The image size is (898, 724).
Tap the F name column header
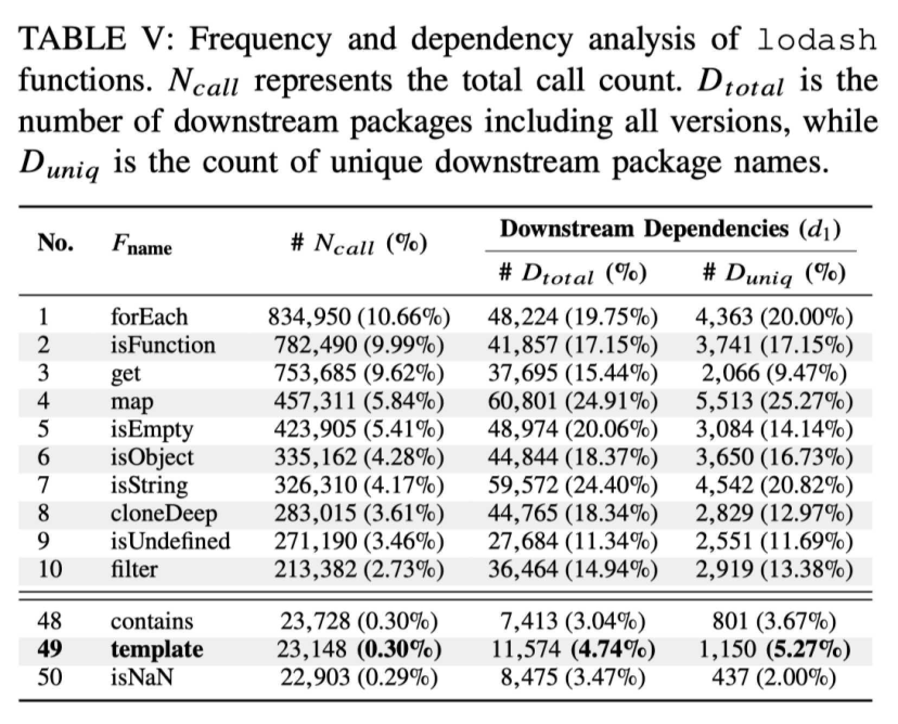[x=142, y=245]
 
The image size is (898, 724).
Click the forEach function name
[x=149, y=317]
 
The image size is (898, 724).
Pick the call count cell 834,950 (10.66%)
[x=358, y=317]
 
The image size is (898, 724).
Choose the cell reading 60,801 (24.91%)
[x=572, y=401]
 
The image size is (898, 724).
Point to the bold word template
[x=157, y=649]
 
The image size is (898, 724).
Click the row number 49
[x=49, y=649]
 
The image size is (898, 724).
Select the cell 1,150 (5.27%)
[x=774, y=649]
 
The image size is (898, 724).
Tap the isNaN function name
[x=142, y=677]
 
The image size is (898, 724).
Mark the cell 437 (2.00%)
[x=774, y=677]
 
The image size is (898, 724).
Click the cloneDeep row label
[x=164, y=513]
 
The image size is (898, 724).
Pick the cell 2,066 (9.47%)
[x=774, y=373]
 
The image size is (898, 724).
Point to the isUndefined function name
[x=170, y=541]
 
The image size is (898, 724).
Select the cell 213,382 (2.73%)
[x=358, y=570]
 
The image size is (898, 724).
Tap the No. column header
[x=55, y=244]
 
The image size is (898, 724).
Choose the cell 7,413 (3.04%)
[x=572, y=621]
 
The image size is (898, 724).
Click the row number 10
[x=50, y=570]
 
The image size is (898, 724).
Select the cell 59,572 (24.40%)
[x=572, y=485]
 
